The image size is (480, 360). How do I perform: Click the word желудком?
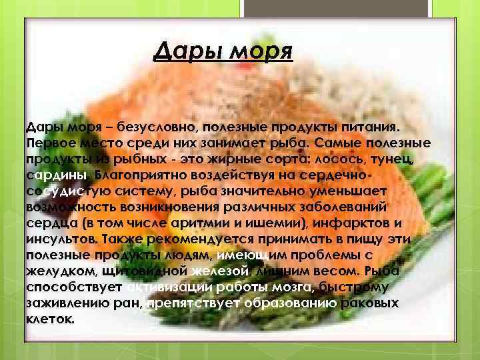point(59,271)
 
